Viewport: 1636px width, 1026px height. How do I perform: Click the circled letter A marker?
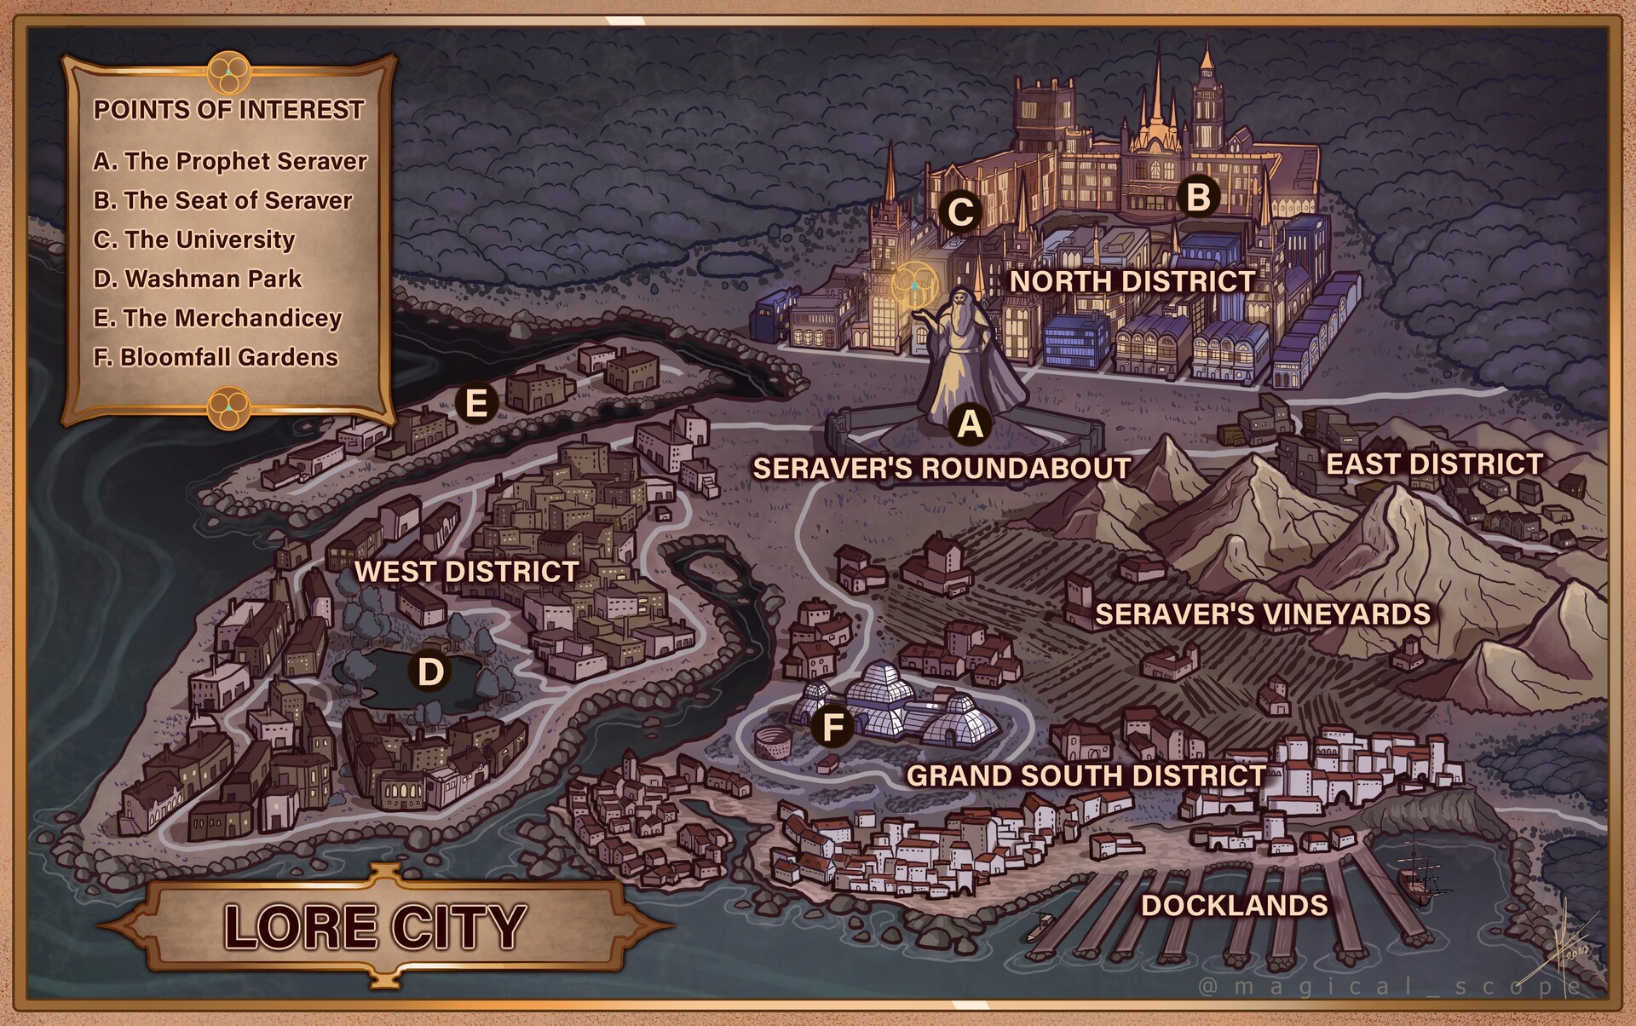click(x=970, y=423)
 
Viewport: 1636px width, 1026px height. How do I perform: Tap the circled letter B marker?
click(x=1197, y=197)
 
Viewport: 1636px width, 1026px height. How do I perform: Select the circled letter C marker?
click(x=960, y=211)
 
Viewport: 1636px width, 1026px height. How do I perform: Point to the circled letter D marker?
click(x=430, y=672)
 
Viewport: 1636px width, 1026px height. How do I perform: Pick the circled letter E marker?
click(x=475, y=402)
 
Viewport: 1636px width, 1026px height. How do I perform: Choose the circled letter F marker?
click(x=832, y=728)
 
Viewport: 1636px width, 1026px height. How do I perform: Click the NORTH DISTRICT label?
click(x=1132, y=281)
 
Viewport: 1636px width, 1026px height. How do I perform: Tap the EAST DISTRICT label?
click(x=1434, y=464)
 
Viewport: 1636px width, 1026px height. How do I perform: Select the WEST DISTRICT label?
click(x=466, y=571)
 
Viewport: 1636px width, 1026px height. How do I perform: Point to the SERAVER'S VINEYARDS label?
click(x=1262, y=614)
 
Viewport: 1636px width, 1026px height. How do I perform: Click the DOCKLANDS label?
click(x=1234, y=905)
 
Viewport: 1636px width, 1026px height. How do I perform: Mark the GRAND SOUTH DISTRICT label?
click(x=1086, y=775)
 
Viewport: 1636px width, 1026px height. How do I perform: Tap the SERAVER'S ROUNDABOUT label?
click(x=941, y=468)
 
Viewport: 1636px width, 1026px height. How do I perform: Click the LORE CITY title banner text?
click(x=375, y=926)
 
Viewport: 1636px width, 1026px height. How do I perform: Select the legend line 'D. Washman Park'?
click(x=197, y=279)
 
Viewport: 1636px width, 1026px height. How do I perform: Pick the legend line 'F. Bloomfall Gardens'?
click(x=216, y=357)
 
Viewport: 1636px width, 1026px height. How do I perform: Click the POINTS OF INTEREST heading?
click(x=228, y=110)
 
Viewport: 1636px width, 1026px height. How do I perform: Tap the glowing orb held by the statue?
click(x=913, y=285)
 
